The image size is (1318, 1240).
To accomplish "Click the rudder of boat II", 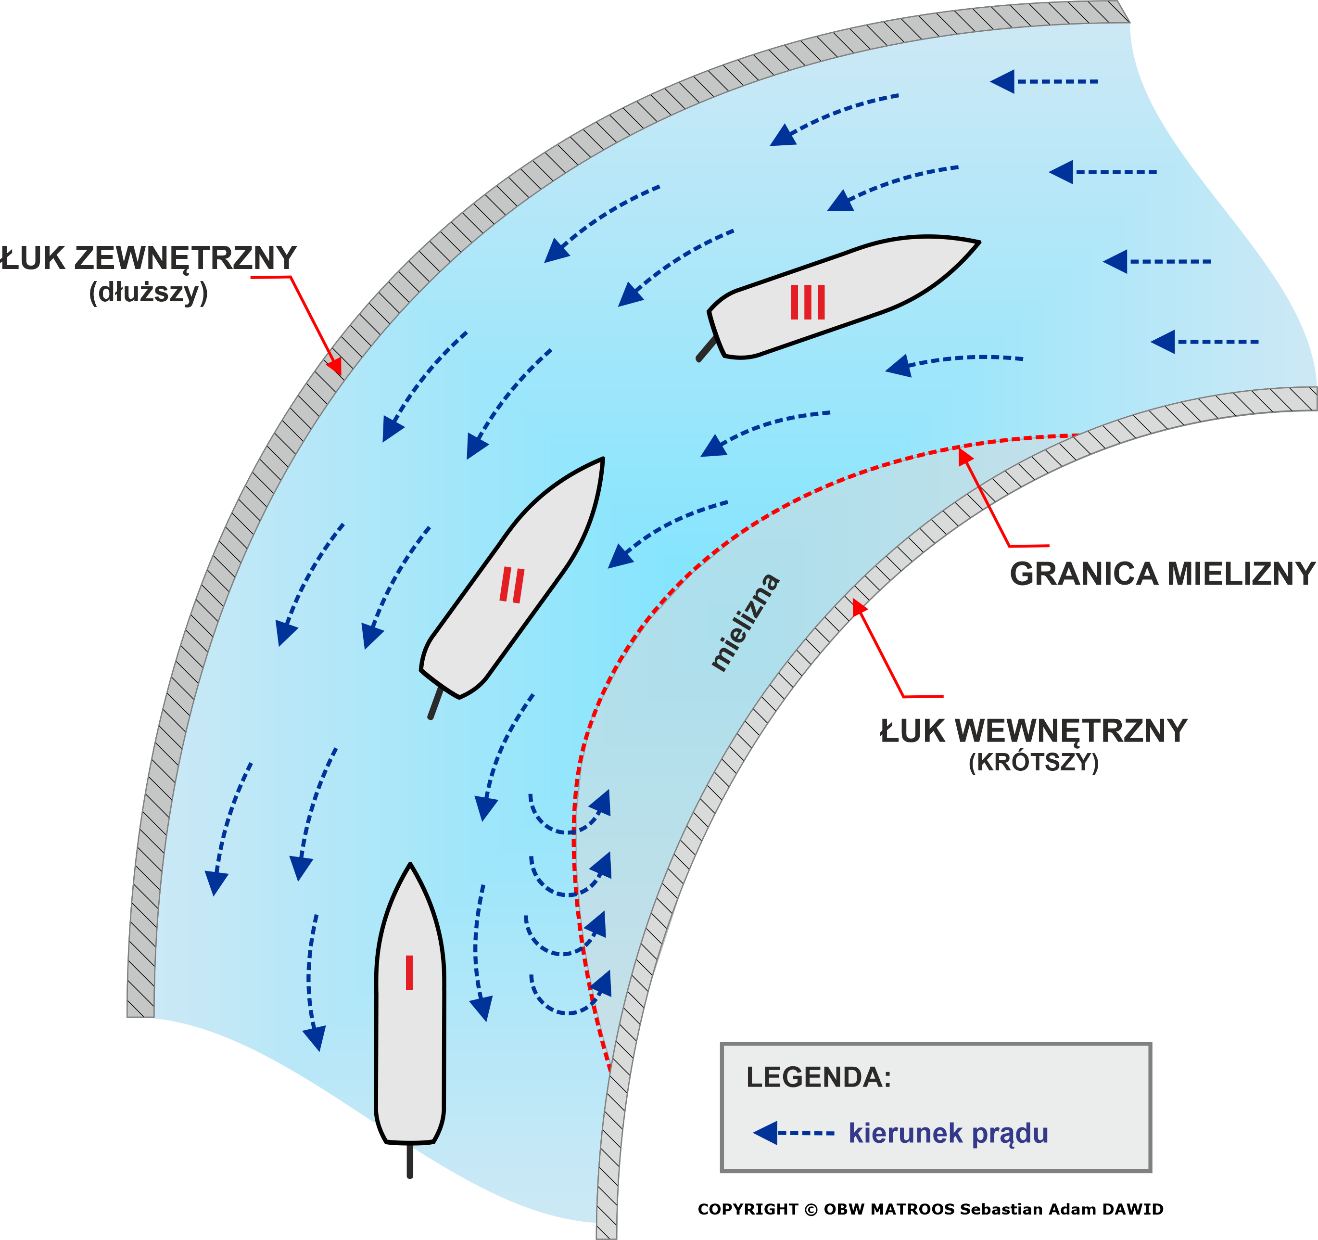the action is (x=435, y=703).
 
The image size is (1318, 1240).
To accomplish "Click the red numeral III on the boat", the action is (x=808, y=302).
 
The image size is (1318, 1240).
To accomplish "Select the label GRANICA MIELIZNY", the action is (x=1162, y=574).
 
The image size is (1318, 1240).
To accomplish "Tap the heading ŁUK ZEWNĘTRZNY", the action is (x=148, y=258).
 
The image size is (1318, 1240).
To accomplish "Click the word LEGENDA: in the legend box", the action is (x=819, y=1077).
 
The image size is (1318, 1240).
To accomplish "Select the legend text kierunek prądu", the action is (x=949, y=1133).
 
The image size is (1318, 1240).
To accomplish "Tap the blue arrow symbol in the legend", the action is (x=793, y=1133).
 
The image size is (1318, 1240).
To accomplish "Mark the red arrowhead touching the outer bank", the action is (x=335, y=367).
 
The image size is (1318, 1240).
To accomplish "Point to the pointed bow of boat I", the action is (x=410, y=864).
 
